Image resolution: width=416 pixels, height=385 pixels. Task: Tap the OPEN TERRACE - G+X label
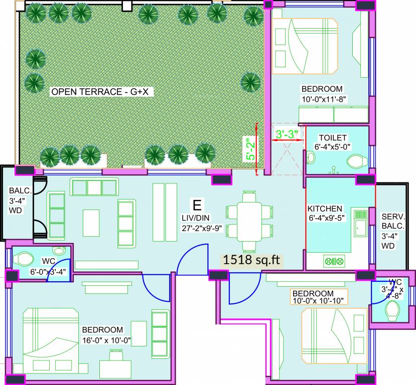(x=102, y=92)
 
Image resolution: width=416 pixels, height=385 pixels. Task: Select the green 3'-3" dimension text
(x=287, y=134)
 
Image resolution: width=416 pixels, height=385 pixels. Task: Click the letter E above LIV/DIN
(x=197, y=205)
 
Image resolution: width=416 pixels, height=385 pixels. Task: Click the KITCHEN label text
(x=325, y=209)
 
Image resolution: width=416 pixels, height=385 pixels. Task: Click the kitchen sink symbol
(x=360, y=224)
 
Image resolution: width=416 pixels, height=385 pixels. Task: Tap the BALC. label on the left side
(x=20, y=191)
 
